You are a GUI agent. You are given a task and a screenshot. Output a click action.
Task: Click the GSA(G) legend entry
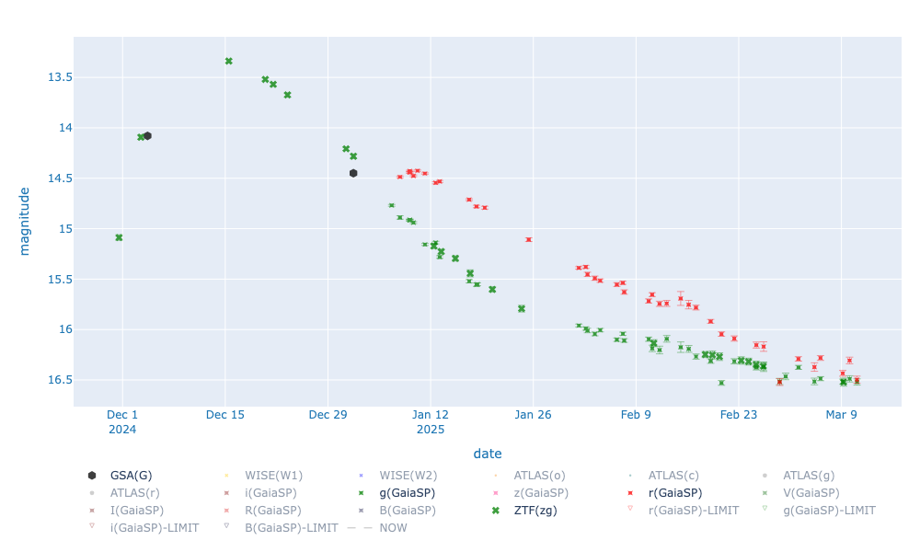click(131, 476)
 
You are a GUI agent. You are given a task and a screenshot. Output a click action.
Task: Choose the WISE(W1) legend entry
click(273, 476)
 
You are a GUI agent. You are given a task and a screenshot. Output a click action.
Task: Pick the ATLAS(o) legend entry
click(539, 476)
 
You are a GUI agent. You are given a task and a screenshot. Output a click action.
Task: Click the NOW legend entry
click(387, 528)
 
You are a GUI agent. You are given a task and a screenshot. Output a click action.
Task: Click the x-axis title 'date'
click(488, 454)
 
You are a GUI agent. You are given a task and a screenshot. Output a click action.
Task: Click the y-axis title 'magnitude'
click(25, 222)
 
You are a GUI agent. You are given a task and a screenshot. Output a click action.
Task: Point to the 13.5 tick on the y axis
click(60, 77)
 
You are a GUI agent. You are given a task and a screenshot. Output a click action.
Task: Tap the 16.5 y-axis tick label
click(60, 380)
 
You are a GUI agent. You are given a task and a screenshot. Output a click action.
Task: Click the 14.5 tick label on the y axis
click(60, 178)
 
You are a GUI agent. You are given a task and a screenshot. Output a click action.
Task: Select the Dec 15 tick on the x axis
click(225, 415)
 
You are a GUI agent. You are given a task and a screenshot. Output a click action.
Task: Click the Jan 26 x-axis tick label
click(533, 415)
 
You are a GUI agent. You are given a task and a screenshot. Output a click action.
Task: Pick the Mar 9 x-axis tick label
click(841, 415)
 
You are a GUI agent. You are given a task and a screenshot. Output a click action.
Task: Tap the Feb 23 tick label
click(738, 415)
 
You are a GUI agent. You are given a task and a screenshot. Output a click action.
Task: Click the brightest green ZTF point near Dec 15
click(229, 61)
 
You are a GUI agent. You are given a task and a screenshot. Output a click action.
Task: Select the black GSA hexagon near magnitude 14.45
click(353, 173)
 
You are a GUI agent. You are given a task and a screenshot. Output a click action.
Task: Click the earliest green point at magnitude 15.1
click(119, 237)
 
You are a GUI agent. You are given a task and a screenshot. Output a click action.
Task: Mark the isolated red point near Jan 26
click(528, 239)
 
